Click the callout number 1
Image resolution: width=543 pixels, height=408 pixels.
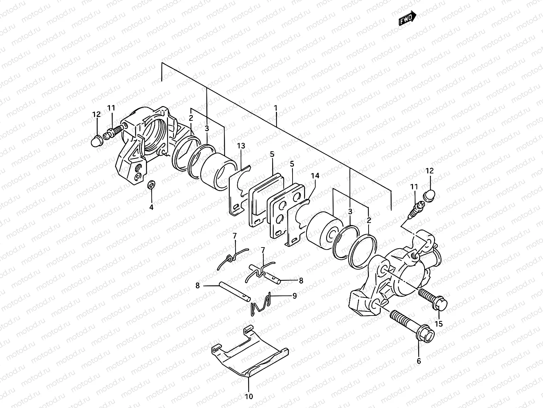pos(276,108)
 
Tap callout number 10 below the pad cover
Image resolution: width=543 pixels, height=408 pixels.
pos(249,396)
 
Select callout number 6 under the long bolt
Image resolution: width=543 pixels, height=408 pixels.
pos(419,361)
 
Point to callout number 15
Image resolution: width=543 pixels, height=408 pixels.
pos(439,324)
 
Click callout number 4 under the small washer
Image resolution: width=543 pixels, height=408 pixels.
pos(151,207)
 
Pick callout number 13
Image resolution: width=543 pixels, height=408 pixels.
pos(241,146)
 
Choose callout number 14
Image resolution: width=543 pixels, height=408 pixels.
pos(315,176)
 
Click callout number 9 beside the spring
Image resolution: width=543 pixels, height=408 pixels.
pos(294,296)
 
